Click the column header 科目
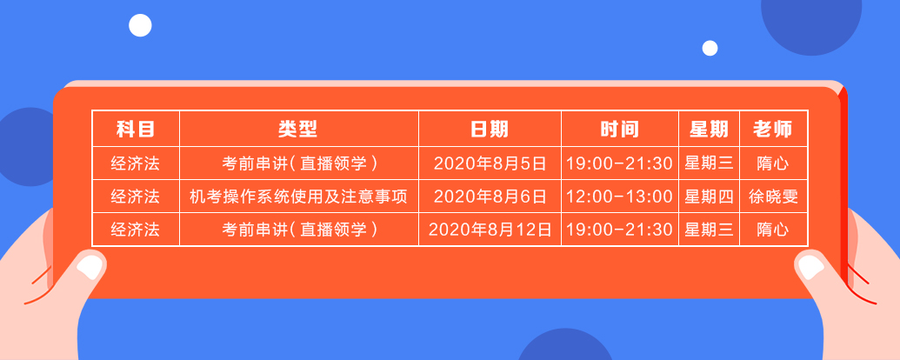(x=135, y=130)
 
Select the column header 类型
(x=298, y=130)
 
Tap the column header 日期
(x=490, y=130)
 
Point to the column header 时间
(x=619, y=130)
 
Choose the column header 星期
(x=709, y=130)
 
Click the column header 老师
(x=773, y=130)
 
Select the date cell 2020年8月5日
(x=490, y=163)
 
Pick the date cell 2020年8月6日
(x=490, y=197)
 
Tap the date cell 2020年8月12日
(x=490, y=230)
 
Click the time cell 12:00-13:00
(x=619, y=197)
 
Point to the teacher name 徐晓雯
(x=773, y=197)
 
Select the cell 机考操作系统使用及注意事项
(x=298, y=197)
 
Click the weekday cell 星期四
(x=709, y=197)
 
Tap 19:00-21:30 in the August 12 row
(x=619, y=230)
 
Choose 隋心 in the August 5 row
(x=773, y=163)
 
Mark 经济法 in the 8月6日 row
(x=135, y=197)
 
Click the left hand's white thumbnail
(x=89, y=264)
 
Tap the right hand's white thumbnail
(x=810, y=264)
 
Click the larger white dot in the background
(x=140, y=25)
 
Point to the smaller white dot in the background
(x=710, y=48)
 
